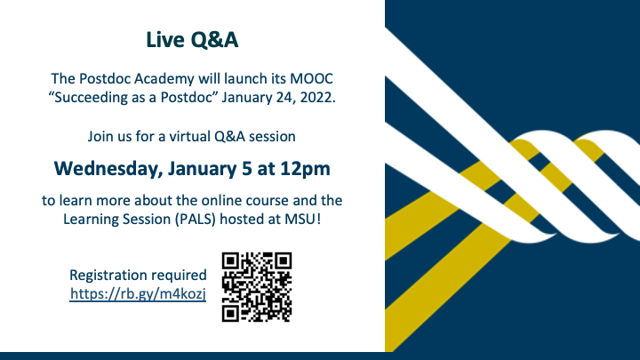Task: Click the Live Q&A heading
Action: [192, 40]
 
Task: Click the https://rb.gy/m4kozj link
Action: [138, 294]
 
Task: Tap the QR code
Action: [257, 287]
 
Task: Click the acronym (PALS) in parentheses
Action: [196, 220]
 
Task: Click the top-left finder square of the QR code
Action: [231, 261]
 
